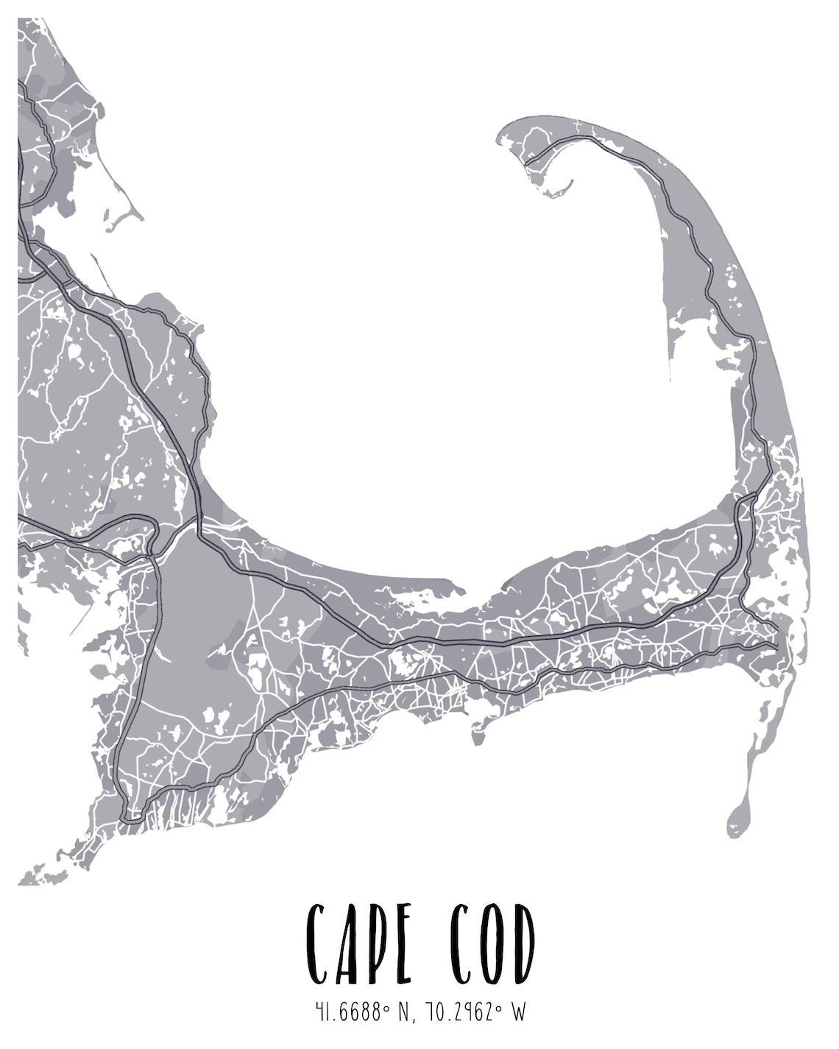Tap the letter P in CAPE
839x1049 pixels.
[x=373, y=944]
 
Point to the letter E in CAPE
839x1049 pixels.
[x=401, y=944]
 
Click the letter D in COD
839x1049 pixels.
[x=523, y=944]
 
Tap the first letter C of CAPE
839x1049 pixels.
[x=317, y=944]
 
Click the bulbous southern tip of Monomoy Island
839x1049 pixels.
[x=737, y=821]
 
